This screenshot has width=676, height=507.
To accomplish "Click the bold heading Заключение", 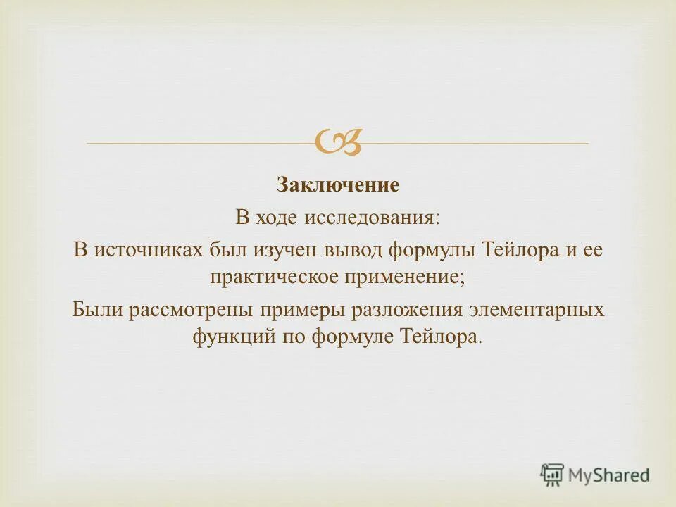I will pyautogui.click(x=337, y=185).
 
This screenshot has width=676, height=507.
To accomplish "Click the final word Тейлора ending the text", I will pyautogui.click(x=441, y=337).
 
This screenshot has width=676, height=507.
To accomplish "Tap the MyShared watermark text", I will pyautogui.click(x=608, y=475).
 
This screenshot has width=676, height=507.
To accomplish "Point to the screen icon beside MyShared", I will pyautogui.click(x=552, y=475).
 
